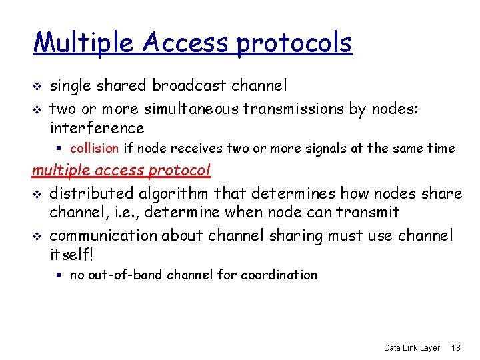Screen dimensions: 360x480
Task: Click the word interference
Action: tap(97, 128)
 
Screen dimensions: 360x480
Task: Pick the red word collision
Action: tap(94, 149)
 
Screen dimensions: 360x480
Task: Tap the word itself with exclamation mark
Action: tap(70, 255)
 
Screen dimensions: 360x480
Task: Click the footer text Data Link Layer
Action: tap(411, 348)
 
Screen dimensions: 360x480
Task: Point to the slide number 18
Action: tap(457, 348)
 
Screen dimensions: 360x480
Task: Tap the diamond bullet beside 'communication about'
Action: tap(37, 237)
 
